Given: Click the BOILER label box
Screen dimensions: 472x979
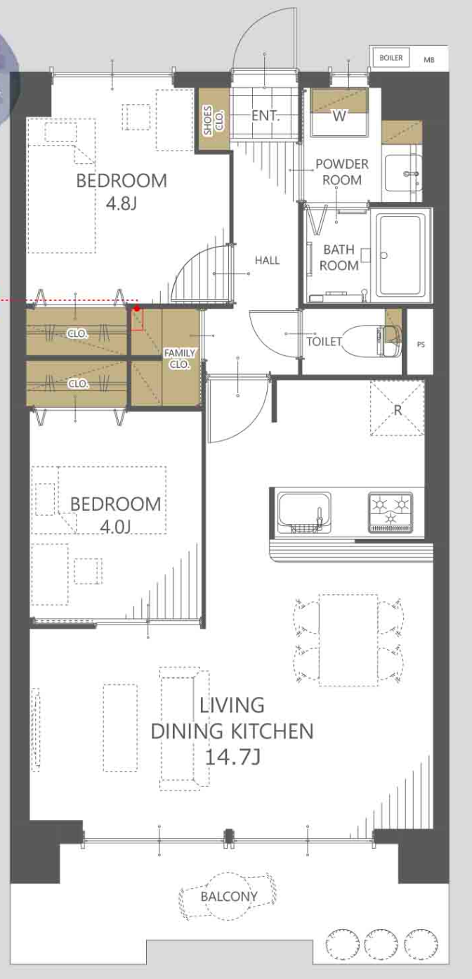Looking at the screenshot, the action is (391, 58).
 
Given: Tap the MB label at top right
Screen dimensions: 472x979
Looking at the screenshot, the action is (428, 60).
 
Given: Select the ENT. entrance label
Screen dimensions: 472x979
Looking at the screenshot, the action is (265, 116).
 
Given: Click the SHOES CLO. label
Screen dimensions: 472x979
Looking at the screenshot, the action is (214, 120).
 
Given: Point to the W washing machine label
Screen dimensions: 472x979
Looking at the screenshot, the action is (339, 116).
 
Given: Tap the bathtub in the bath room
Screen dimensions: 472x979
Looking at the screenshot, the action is (401, 256).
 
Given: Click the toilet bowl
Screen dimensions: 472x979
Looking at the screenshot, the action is (362, 341).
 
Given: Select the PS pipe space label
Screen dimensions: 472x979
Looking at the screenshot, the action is (421, 345).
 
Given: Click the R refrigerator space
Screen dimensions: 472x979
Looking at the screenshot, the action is (398, 409).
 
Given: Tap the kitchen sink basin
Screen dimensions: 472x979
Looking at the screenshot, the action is (304, 512).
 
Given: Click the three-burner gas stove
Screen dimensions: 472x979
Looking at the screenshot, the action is (391, 512).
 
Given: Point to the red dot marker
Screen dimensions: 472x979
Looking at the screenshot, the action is (137, 309).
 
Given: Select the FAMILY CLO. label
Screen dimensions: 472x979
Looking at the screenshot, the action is (179, 359).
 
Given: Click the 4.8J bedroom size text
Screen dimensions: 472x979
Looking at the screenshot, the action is (122, 203).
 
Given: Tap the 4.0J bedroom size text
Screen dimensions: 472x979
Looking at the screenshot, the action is (115, 527).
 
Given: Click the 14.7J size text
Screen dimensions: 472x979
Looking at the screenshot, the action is (232, 757).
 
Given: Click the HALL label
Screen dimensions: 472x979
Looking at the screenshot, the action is (267, 260).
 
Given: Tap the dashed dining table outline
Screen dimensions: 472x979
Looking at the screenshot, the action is (348, 640).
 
